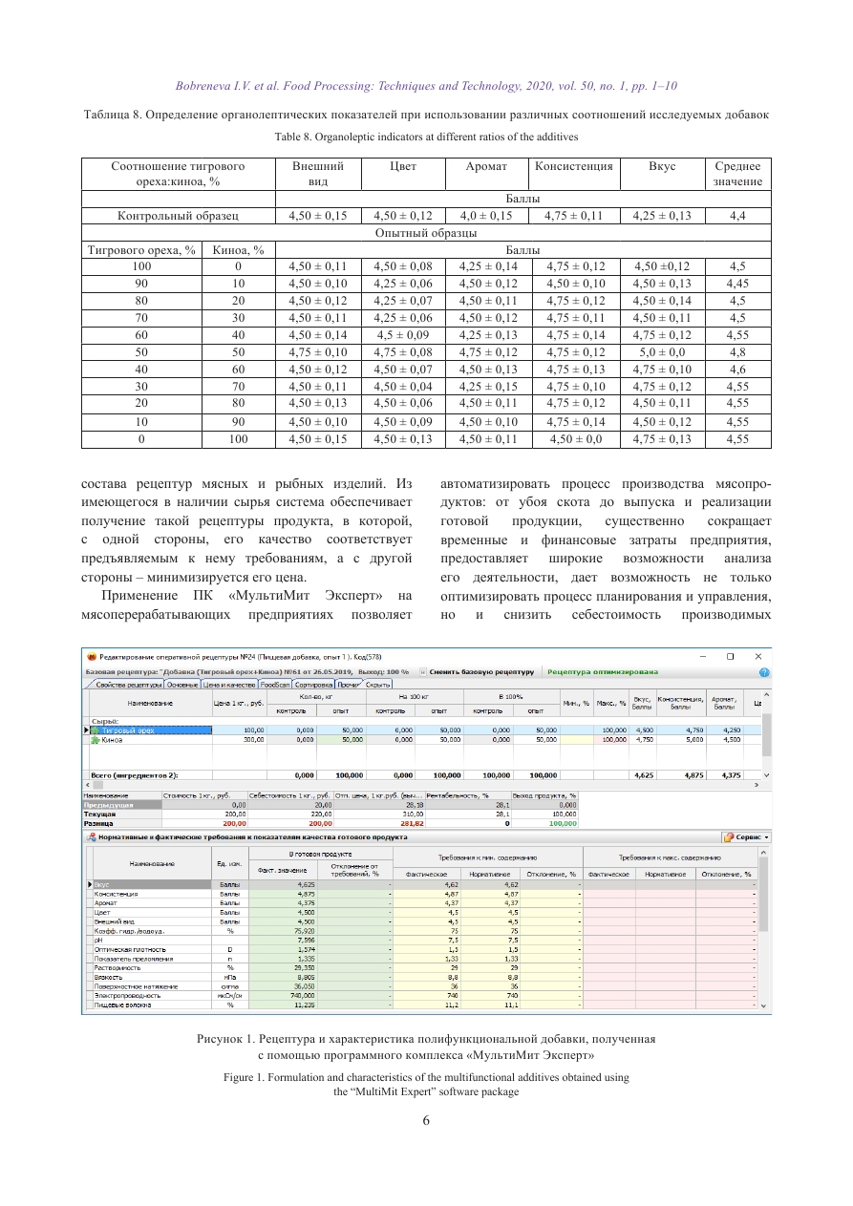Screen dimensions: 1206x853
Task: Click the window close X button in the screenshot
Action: pyautogui.click(x=758, y=656)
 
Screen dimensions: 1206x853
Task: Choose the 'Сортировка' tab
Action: pyautogui.click(x=313, y=685)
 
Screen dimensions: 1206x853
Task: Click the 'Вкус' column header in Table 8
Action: pyautogui.click(x=662, y=166)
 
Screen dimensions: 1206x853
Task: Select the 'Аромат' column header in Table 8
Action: pyautogui.click(x=485, y=166)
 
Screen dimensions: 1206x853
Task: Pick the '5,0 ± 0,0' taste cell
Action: pyautogui.click(x=662, y=352)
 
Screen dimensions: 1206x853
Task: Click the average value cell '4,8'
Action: pyautogui.click(x=736, y=352)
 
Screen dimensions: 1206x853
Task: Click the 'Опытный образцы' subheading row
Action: pyautogui.click(x=426, y=233)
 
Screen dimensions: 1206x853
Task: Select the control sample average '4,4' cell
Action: pyautogui.click(x=736, y=216)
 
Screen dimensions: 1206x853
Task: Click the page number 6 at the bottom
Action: pyautogui.click(x=426, y=1121)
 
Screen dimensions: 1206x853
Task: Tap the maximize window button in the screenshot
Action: pyautogui.click(x=730, y=656)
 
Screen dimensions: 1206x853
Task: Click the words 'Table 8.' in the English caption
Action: pyautogui.click(x=297, y=137)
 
